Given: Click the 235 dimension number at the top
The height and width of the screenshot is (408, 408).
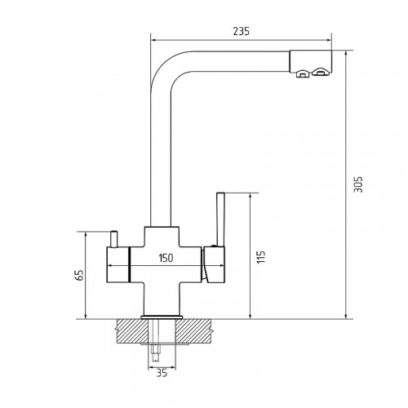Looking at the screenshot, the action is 241,31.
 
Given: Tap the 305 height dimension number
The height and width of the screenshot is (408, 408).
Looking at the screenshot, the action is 358,184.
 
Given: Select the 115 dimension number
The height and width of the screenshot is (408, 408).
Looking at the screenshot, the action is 261,256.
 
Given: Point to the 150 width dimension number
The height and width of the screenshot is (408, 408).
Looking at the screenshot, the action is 166,258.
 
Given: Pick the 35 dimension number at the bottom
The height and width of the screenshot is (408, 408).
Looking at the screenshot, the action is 162,373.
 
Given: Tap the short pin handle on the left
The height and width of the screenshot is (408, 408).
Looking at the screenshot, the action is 114,239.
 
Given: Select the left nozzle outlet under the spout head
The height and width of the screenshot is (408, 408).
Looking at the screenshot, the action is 302,74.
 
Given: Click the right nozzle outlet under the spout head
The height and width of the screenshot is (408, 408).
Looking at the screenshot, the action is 320,72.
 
